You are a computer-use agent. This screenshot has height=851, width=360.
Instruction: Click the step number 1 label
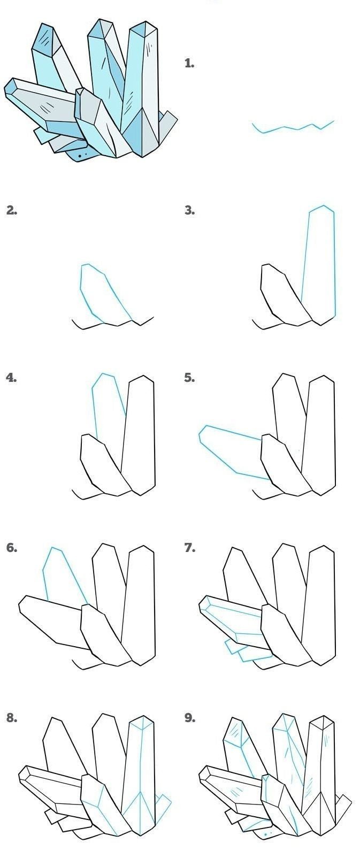tap(189, 63)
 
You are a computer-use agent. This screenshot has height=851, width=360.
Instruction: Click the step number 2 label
tap(11, 210)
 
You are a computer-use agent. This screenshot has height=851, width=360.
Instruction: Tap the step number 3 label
tap(189, 210)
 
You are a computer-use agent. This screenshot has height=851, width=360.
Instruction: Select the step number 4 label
tap(11, 378)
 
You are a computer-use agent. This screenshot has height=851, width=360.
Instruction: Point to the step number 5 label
tap(189, 378)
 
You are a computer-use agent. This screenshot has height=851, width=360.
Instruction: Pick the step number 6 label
tap(11, 548)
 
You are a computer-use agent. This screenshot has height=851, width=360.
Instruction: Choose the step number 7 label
tap(189, 548)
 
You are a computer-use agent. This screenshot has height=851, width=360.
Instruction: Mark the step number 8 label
tap(11, 718)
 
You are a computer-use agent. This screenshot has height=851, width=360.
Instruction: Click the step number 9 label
tap(189, 718)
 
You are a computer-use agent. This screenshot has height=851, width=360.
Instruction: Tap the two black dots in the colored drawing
tap(82, 155)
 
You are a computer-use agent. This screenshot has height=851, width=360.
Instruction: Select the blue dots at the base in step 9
tap(267, 833)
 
